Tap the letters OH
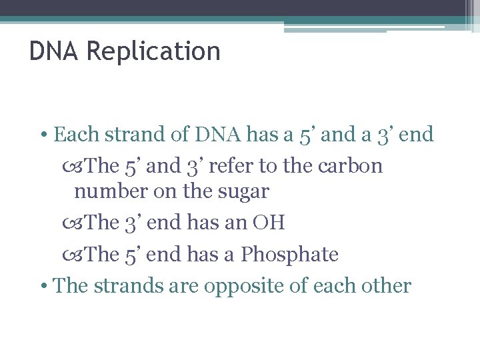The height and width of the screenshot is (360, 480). coord(269,223)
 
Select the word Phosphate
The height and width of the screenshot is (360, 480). coord(290,254)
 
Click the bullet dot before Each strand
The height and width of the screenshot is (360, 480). coord(43,135)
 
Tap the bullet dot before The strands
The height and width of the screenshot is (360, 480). coord(43,287)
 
